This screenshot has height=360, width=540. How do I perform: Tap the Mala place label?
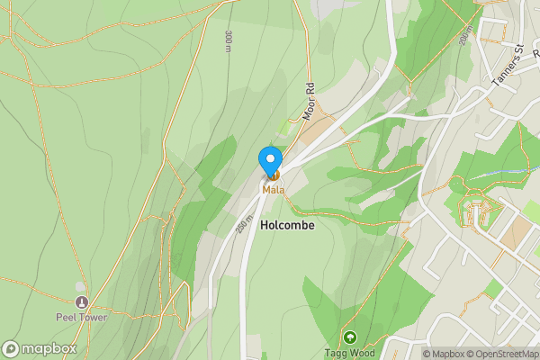coord(273,190)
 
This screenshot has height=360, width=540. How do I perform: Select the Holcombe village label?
coord(287,225)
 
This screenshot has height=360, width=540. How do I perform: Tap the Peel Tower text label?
coord(83,318)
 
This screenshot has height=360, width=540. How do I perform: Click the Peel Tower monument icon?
coord(83,302)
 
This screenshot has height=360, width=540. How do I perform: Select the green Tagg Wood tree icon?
coord(348,337)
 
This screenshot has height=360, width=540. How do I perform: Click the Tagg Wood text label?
coord(348,352)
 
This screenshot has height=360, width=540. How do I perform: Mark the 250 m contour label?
coord(244,225)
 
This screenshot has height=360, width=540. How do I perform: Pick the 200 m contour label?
coord(464,36)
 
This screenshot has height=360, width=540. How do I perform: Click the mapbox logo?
coord(40,348)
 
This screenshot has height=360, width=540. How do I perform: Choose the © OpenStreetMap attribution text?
coord(504,354)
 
